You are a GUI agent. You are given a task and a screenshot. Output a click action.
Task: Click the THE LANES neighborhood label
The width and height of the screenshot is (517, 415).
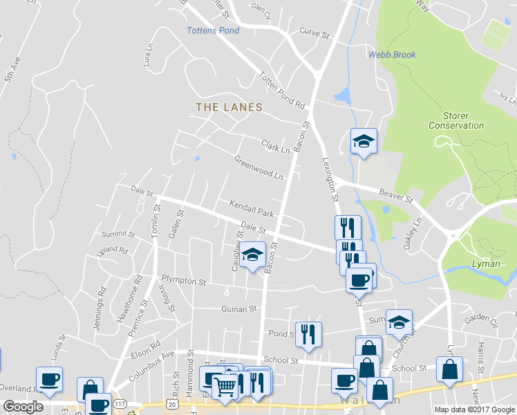(229, 107)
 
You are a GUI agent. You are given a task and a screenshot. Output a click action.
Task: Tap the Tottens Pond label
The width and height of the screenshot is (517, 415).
(214, 30)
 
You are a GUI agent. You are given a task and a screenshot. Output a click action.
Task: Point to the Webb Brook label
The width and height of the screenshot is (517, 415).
(392, 55)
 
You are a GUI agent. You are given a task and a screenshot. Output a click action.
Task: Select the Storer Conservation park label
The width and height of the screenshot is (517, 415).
(456, 120)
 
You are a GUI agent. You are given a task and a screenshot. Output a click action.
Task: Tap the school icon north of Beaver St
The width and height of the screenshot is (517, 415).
(363, 142)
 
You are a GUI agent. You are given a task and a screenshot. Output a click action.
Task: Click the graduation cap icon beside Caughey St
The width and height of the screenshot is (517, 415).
(252, 255)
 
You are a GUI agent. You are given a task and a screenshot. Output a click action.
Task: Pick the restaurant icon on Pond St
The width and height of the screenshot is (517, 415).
(308, 334)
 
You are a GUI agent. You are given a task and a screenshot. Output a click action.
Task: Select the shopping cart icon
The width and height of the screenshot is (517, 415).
(225, 385)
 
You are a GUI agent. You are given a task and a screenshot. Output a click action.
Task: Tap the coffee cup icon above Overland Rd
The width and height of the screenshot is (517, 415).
(49, 379)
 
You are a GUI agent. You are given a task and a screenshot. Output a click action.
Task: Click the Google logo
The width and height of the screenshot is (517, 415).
(23, 407)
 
